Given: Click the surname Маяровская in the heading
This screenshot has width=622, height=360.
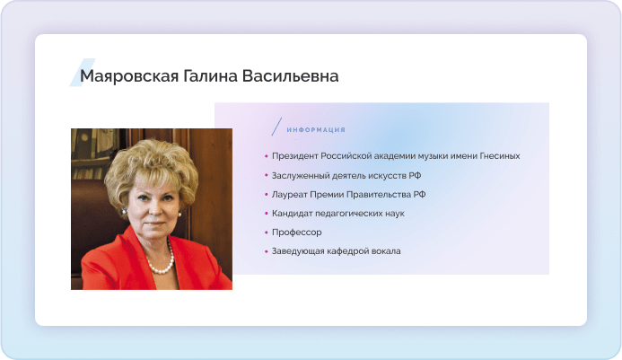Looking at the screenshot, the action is coord(129,76).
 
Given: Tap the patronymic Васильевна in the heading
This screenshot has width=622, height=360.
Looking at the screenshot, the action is coord(291,75).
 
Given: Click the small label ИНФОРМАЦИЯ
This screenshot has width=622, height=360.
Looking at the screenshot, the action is coord(316,130).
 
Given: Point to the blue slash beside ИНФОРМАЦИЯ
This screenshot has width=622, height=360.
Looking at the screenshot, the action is coord(276,127).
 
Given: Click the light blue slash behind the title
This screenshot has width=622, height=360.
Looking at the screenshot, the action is coord(83,72).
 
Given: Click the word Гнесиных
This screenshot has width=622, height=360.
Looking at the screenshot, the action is coord(500,156).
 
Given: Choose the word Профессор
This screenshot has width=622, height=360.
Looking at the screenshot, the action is coord(297,233).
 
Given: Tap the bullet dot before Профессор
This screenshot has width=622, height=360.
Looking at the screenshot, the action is coord(267,233).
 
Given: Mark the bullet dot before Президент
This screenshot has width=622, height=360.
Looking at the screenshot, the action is coord(267,156).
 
